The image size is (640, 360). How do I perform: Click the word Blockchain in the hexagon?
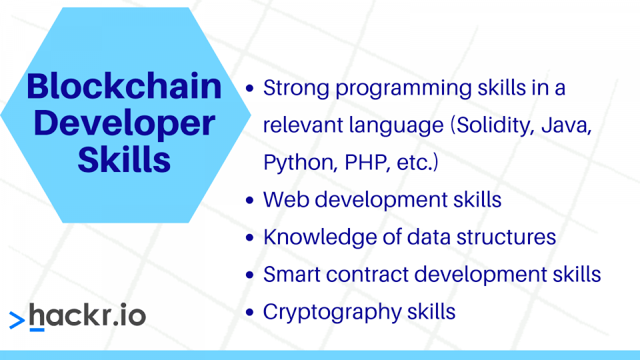click(x=124, y=86)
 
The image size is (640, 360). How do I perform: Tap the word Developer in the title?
click(x=124, y=124)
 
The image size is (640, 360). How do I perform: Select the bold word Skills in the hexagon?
click(x=124, y=159)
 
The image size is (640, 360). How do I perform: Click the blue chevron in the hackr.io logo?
click(x=17, y=320)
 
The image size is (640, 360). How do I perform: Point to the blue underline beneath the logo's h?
click(x=37, y=329)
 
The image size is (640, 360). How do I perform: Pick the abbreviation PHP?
click(x=365, y=162)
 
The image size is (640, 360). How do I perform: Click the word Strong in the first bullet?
click(x=296, y=89)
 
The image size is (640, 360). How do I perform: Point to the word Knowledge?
click(x=320, y=237)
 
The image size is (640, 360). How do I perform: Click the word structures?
click(x=506, y=237)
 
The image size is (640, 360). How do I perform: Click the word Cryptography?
click(x=332, y=313)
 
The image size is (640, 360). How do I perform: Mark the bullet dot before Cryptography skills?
click(x=250, y=312)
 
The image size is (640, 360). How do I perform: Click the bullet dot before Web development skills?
click(x=250, y=200)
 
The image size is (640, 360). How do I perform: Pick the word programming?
click(x=403, y=89)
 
